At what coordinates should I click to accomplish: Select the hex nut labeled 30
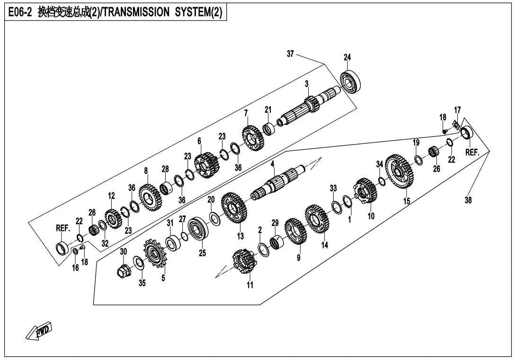click(x=124, y=271)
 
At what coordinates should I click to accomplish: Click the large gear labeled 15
click(x=400, y=173)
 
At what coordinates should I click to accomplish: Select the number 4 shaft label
click(x=273, y=164)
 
